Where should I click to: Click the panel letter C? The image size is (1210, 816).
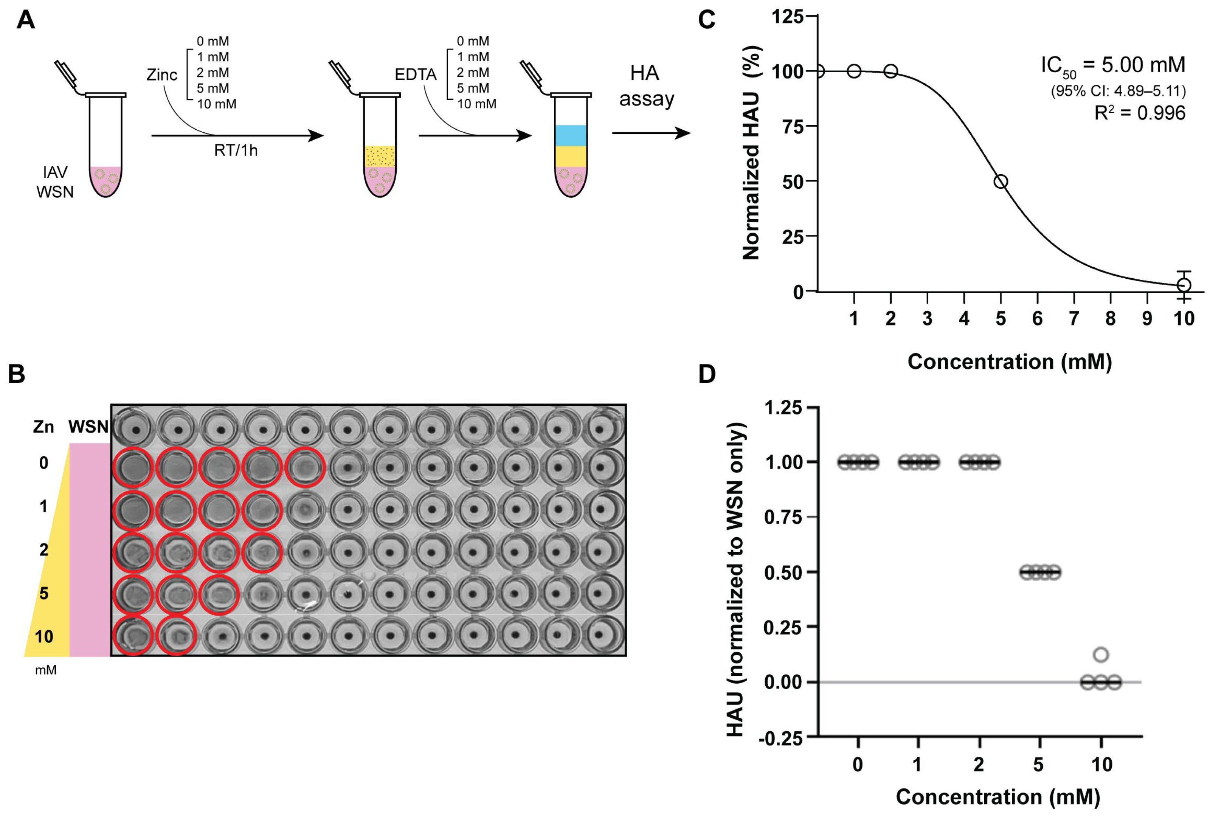[x=706, y=20]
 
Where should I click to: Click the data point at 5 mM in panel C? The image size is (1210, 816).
[x=1000, y=182]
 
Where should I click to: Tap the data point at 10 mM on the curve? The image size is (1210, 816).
[x=1184, y=285]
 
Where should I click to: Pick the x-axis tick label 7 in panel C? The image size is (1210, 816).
[x=1073, y=318]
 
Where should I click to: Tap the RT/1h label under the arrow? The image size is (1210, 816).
[x=236, y=150]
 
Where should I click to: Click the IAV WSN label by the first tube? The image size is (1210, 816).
[x=55, y=182]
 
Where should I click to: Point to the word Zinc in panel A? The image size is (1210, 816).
[x=162, y=75]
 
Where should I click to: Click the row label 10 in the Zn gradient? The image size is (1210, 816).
[x=44, y=636]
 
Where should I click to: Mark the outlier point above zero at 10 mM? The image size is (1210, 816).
[x=1101, y=654]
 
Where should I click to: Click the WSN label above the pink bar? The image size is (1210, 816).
[x=88, y=427]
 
